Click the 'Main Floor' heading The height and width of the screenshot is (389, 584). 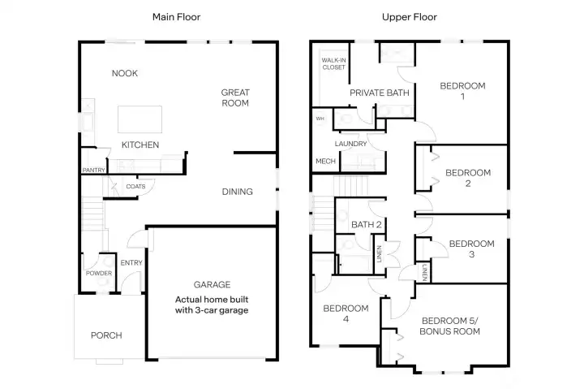pyautogui.click(x=176, y=16)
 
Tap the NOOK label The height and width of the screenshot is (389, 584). pyautogui.click(x=125, y=74)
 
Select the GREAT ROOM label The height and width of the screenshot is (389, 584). pyautogui.click(x=235, y=98)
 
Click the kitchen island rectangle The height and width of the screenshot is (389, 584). pyautogui.click(x=140, y=119)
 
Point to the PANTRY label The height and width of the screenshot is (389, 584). pyautogui.click(x=94, y=171)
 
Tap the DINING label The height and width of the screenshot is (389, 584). pyautogui.click(x=238, y=192)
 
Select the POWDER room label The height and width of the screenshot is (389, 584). pyautogui.click(x=99, y=273)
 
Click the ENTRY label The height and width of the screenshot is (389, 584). pyautogui.click(x=131, y=263)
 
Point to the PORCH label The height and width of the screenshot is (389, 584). pyautogui.click(x=106, y=335)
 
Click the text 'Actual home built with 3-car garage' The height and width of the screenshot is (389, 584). pyautogui.click(x=212, y=305)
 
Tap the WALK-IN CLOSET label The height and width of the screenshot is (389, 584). pyautogui.click(x=333, y=64)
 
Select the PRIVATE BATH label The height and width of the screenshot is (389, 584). pyautogui.click(x=379, y=93)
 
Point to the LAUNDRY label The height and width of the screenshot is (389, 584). pyautogui.click(x=351, y=144)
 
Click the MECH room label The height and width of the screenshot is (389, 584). pyautogui.click(x=325, y=162)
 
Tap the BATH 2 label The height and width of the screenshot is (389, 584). pyautogui.click(x=367, y=224)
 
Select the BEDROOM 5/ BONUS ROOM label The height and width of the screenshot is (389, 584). pyautogui.click(x=450, y=326)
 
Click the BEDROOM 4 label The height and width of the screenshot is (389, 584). pyautogui.click(x=346, y=313)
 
